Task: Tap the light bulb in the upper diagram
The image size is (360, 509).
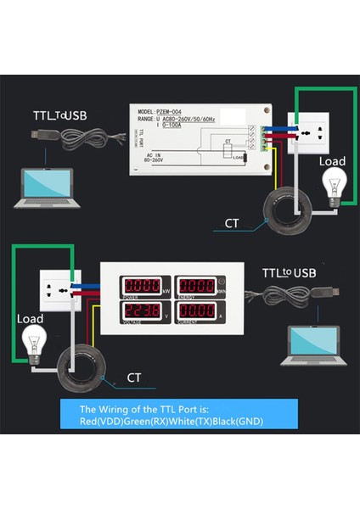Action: (331, 184)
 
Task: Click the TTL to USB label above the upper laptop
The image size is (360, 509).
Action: (59, 115)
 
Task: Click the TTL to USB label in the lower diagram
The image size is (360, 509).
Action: (289, 272)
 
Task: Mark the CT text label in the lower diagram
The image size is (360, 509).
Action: (133, 377)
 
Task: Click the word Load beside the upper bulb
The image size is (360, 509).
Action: (332, 161)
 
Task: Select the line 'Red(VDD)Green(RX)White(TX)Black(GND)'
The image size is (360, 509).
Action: (178, 421)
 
